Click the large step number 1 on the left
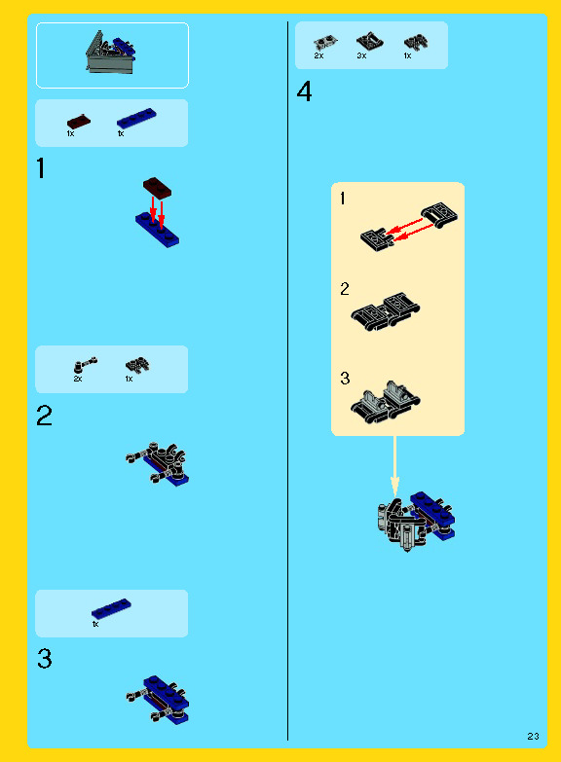point(41,168)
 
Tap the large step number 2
point(44,416)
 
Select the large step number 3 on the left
point(44,659)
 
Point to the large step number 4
point(304,91)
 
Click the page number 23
point(534,737)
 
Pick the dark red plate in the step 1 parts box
point(78,122)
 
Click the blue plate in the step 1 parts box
point(136,119)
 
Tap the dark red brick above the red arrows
point(157,187)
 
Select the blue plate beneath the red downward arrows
point(157,230)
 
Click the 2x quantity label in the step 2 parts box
point(78,379)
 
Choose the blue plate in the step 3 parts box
point(111,609)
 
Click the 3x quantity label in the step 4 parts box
point(361,55)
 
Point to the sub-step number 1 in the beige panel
point(343,199)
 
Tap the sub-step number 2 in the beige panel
point(345,289)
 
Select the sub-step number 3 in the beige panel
point(345,379)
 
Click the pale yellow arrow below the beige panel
point(394,466)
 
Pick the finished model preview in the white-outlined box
point(111,52)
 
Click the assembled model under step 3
point(158,700)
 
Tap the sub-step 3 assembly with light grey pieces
point(386,402)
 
